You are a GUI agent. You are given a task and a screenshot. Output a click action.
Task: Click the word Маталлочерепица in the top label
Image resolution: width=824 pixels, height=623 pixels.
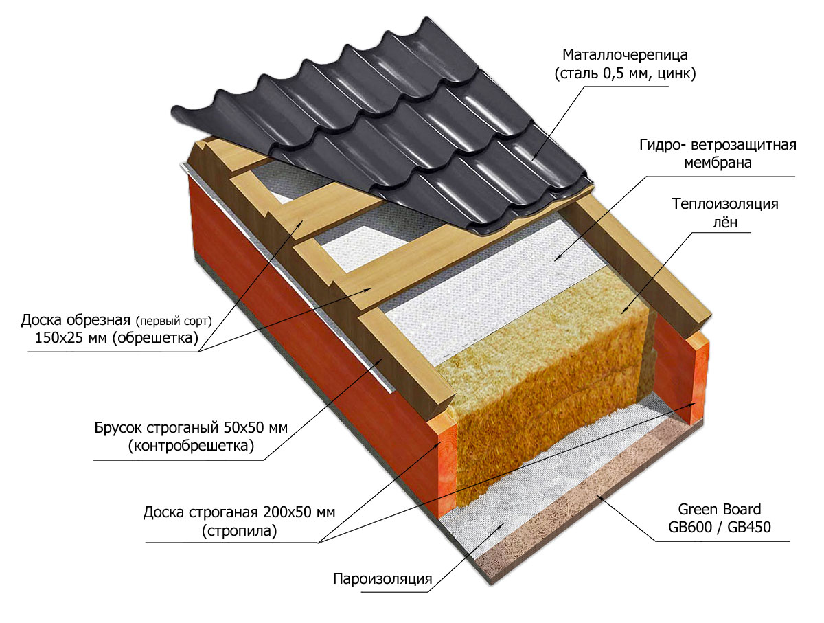625,54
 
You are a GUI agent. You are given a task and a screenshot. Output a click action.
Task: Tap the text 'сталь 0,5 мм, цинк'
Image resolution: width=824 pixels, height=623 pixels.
625,74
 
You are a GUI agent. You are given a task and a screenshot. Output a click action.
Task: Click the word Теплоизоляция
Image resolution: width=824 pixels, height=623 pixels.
725,204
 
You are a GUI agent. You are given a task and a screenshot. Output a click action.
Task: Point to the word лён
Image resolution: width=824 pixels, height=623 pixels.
725,223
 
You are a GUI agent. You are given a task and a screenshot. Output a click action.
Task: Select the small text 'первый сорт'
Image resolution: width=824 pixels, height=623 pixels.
174,321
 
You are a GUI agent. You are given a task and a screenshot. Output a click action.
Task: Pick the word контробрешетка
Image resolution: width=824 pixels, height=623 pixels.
191,446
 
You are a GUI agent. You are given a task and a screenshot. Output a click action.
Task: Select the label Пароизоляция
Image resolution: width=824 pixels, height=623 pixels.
382,578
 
